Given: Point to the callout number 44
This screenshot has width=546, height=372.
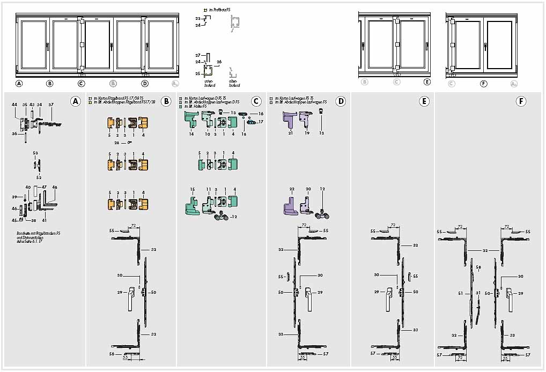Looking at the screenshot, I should point(14,105).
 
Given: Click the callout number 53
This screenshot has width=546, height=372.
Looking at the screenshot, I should point(35,153).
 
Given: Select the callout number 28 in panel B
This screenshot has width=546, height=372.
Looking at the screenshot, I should point(116,143).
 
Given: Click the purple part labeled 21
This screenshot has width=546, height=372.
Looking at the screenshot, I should point(290,119).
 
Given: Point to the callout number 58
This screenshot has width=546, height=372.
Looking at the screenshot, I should point(478,266).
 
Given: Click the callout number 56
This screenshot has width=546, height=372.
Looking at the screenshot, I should point(112,354).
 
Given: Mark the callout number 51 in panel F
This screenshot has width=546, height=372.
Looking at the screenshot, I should point(460,293).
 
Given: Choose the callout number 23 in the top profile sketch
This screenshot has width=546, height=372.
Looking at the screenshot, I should point(197,19).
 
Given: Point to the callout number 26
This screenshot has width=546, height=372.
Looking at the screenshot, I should point(219,62).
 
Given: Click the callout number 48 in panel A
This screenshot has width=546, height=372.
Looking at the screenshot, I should point(55,187).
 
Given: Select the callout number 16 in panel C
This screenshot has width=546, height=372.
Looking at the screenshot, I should point(261,114).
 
